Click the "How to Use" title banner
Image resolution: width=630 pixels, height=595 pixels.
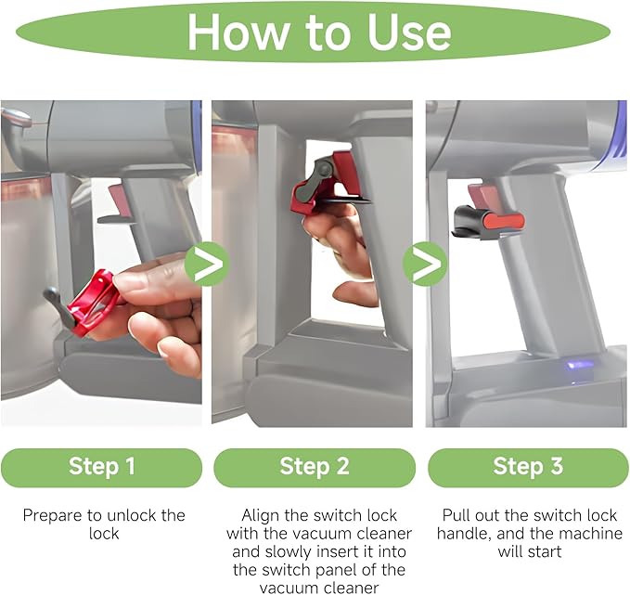point(313,32)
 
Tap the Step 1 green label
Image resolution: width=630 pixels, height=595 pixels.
point(102,468)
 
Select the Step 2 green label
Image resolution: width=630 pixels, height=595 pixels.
point(315,468)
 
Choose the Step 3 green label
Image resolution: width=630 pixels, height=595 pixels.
point(528,468)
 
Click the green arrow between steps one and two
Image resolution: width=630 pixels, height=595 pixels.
point(207,264)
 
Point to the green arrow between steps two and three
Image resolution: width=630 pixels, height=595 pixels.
point(425,264)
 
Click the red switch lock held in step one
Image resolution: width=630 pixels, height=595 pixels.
point(93,303)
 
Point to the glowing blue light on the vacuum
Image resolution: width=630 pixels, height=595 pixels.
point(579,365)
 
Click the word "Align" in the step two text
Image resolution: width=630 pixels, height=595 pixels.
point(261,516)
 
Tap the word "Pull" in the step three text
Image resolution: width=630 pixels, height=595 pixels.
point(456,515)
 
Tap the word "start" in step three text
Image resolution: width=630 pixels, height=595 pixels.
point(544,551)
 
